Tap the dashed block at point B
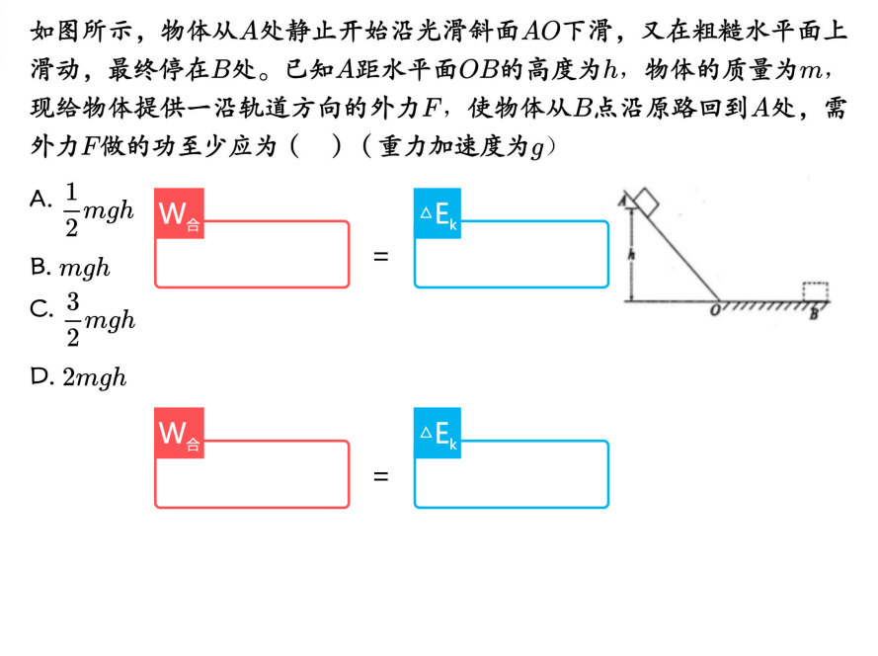[815, 292]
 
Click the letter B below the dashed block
[814, 313]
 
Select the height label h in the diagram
[631, 254]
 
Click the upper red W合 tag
[180, 212]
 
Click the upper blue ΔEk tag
[438, 212]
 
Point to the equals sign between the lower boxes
[381, 476]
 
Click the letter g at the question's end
[537, 148]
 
